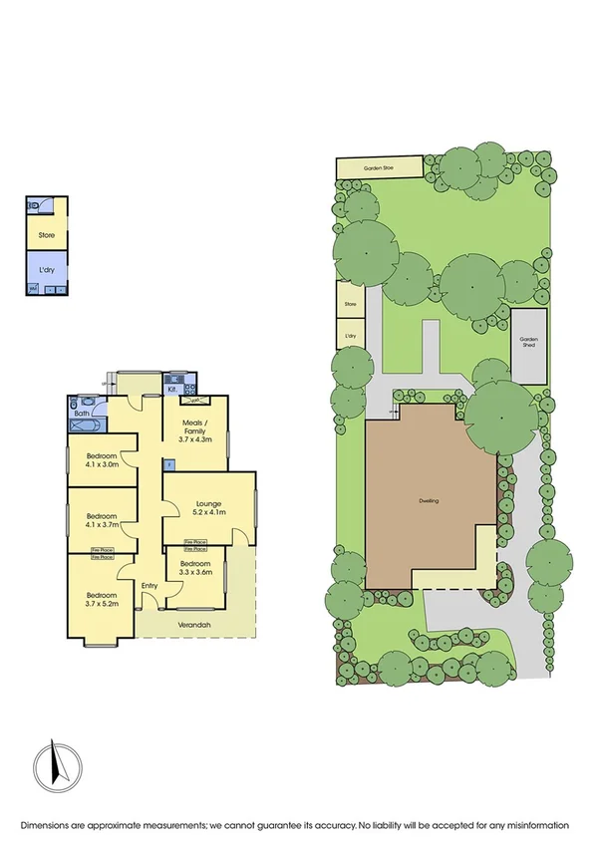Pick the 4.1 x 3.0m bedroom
pyautogui.click(x=101, y=459)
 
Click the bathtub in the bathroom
pyautogui.click(x=84, y=423)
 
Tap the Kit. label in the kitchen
pyautogui.click(x=170, y=390)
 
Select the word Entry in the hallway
pyautogui.click(x=149, y=585)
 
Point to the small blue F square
pyautogui.click(x=168, y=463)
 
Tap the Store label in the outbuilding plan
pyautogui.click(x=47, y=236)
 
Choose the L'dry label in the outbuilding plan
pyautogui.click(x=47, y=271)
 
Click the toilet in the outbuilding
pyautogui.click(x=35, y=205)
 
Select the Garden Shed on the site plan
pyautogui.click(x=529, y=345)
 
